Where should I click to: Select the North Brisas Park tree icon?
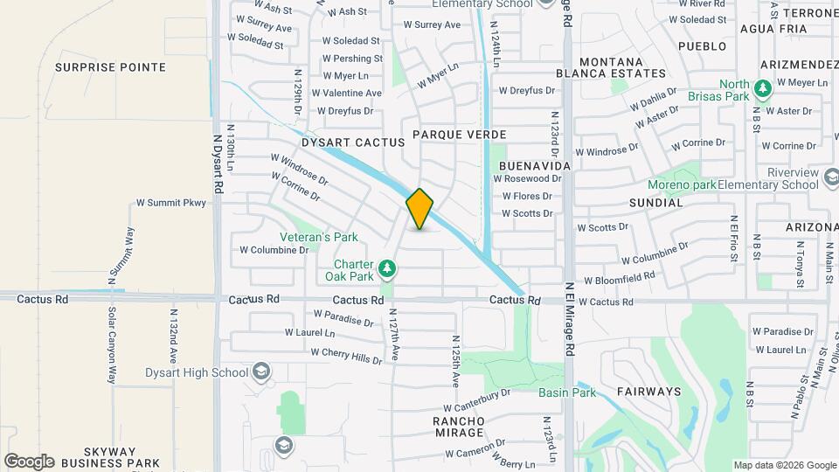763,87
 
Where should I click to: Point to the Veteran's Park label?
319,237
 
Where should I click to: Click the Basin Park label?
567,392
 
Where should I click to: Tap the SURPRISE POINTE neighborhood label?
110,67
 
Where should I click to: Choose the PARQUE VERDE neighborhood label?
459,135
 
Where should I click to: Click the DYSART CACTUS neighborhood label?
353,142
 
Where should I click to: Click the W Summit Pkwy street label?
171,203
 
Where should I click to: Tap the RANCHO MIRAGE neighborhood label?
459,427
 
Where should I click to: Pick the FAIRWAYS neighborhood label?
648,392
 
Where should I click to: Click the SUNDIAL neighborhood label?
655,203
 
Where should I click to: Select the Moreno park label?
682,184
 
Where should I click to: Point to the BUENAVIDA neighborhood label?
535,165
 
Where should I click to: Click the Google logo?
29,461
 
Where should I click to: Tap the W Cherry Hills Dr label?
347,353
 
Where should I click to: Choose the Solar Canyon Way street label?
112,345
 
